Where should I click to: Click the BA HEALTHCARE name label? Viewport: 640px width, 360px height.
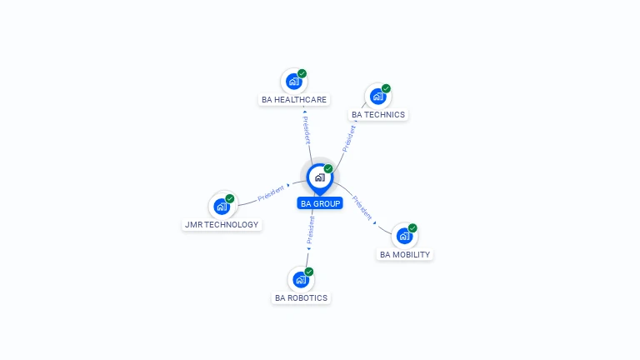click(294, 100)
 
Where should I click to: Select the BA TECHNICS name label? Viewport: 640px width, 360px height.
click(378, 115)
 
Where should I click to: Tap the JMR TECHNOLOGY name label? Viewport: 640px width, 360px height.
click(222, 224)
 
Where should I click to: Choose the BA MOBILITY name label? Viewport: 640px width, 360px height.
click(405, 255)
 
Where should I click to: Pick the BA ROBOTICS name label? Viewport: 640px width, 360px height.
click(301, 298)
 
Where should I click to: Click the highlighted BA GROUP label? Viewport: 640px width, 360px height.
click(320, 203)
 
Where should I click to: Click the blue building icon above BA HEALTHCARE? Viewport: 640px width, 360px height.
click(293, 82)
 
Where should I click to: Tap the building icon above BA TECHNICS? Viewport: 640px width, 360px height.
click(378, 97)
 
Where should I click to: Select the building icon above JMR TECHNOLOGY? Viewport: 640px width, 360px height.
click(222, 207)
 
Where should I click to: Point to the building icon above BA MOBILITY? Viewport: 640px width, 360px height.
click(404, 237)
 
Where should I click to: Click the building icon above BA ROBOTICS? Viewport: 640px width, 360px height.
click(301, 280)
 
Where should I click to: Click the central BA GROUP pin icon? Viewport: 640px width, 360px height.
click(320, 179)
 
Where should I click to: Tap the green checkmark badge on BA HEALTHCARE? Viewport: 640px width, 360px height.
click(302, 73)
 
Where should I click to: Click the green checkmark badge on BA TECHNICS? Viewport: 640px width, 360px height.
click(386, 88)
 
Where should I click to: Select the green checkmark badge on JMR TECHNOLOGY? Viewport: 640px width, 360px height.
click(230, 199)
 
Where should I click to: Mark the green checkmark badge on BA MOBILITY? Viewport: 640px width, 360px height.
click(412, 228)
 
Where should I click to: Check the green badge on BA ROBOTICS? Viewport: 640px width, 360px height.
click(309, 272)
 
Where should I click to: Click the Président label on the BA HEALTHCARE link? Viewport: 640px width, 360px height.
click(307, 130)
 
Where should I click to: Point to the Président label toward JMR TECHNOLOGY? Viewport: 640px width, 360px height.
click(271, 193)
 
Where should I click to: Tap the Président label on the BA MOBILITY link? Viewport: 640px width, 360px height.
click(362, 207)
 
